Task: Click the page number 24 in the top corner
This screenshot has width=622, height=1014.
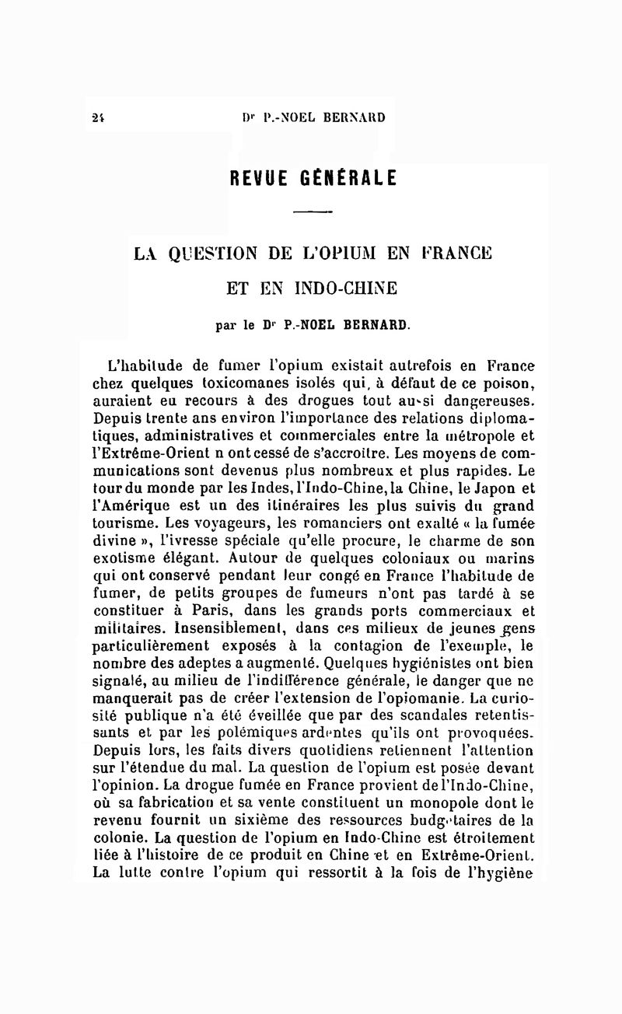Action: (x=97, y=118)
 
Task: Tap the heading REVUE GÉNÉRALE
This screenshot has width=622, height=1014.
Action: (x=313, y=177)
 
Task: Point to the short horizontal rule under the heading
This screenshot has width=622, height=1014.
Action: (x=313, y=212)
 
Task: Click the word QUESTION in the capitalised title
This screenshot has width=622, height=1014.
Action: (x=215, y=253)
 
